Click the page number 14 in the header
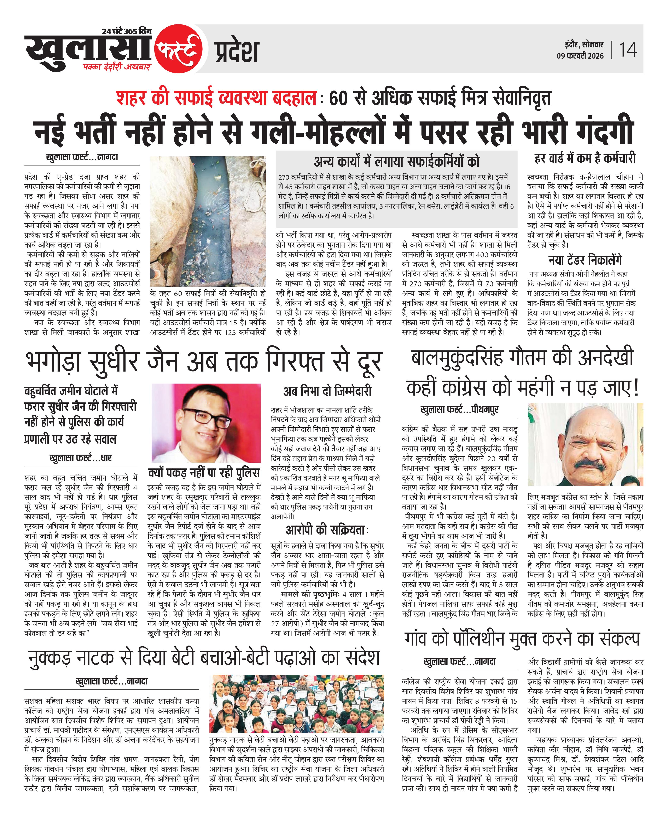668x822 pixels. pos(628,50)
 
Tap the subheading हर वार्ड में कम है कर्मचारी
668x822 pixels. pos(585,158)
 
